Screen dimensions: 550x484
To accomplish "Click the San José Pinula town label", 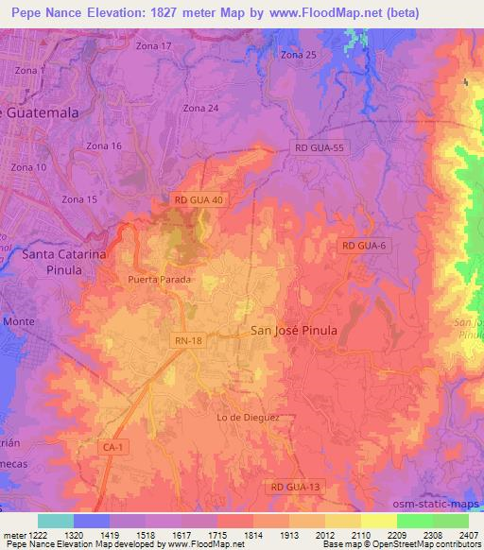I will tap(294, 330).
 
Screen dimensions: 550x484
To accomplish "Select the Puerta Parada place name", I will tap(160, 280).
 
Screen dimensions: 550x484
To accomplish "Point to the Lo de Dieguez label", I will tap(249, 417).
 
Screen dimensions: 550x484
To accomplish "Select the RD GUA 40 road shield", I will tap(199, 200).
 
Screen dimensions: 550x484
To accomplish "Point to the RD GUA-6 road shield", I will tap(364, 246).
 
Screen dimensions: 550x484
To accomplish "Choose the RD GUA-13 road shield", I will tap(296, 486).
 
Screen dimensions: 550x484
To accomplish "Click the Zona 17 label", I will tap(154, 45).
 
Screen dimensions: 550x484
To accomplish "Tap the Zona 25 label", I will tap(299, 55).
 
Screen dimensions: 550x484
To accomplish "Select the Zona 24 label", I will tap(201, 108).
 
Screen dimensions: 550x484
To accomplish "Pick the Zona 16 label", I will tap(104, 146).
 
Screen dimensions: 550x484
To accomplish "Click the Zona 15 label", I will tap(79, 199).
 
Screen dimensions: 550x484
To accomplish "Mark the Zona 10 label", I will tap(28, 167).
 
